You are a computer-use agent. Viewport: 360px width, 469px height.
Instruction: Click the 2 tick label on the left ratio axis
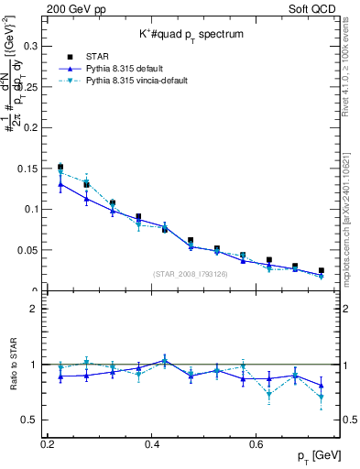pyautogui.click(x=33, y=310)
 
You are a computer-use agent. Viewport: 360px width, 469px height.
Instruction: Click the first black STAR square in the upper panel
pyautogui.click(x=60, y=167)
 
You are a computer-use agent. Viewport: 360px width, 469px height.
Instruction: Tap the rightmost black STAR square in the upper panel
pyautogui.click(x=321, y=271)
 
